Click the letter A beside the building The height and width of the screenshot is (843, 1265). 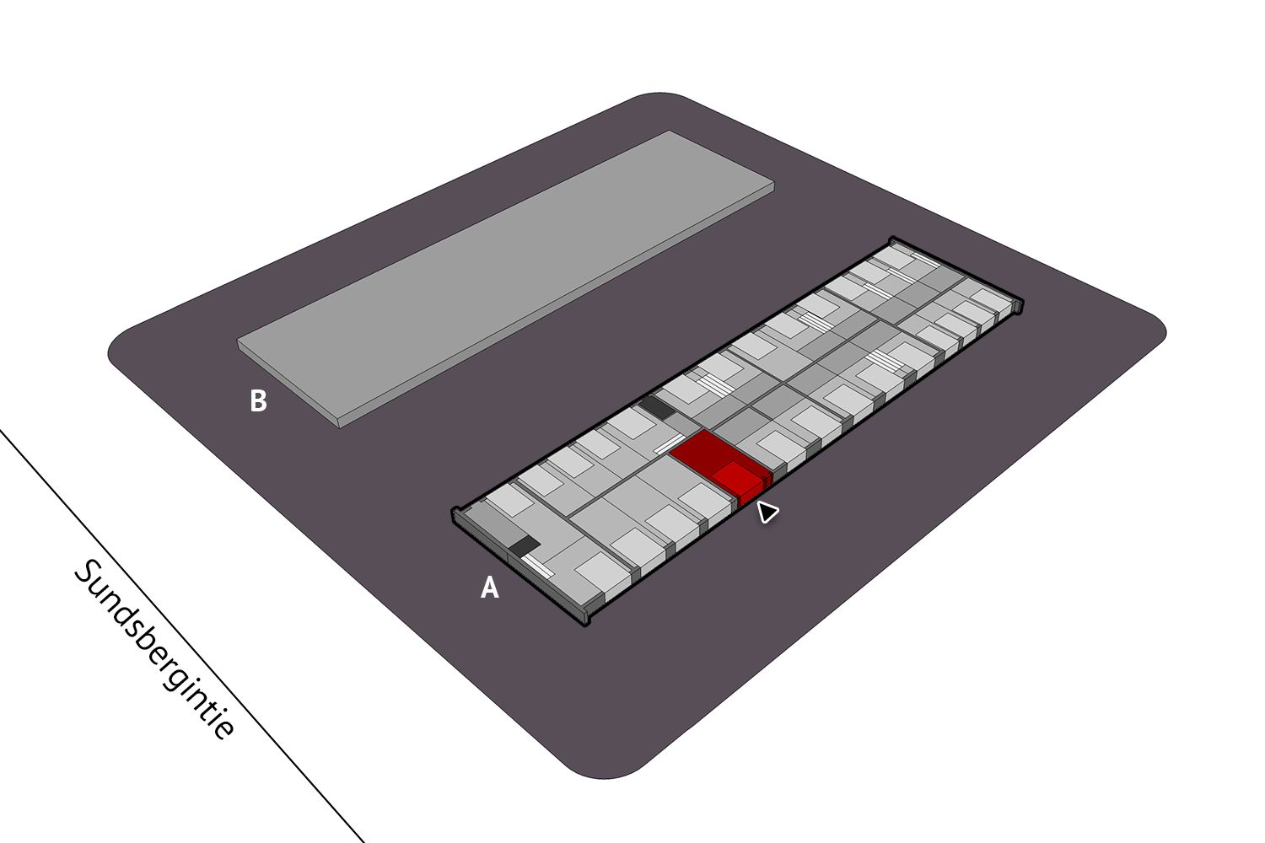pos(489,588)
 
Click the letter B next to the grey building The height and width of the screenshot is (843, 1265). pos(258,401)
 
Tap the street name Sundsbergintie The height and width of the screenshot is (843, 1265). pos(153,649)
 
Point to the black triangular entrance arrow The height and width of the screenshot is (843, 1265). pos(767,512)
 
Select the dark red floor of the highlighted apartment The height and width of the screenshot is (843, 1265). pos(700,452)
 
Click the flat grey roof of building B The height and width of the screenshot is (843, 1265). pos(505,277)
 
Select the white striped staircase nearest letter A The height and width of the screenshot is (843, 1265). pos(537,565)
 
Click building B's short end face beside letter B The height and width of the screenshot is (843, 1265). pos(288,383)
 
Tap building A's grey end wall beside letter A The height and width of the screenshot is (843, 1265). pos(519,565)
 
